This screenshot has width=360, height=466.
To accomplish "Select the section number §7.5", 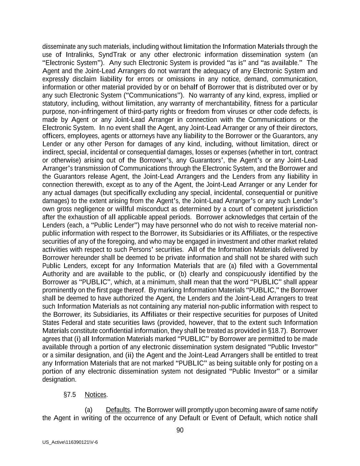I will coord(70,395).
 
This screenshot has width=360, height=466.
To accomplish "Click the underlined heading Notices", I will coord(96,395).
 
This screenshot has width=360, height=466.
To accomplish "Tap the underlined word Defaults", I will coord(118,410).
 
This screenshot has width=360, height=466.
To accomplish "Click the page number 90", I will coord(180,430).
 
